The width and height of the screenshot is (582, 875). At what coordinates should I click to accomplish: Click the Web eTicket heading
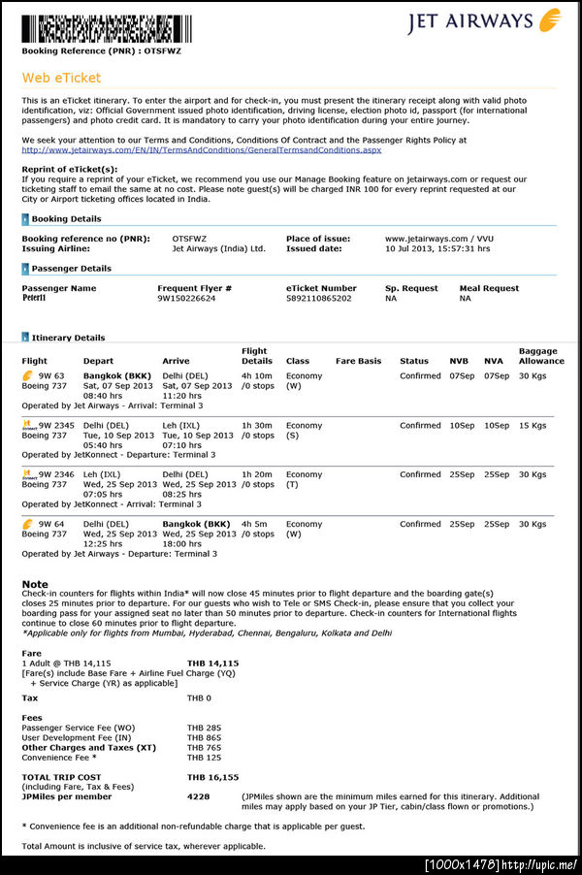tap(61, 78)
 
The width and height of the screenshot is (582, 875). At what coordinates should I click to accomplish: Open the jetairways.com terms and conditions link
tap(201, 149)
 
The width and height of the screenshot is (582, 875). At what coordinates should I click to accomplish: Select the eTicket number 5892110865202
tap(319, 298)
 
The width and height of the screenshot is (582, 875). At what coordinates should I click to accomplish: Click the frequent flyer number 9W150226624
tap(186, 298)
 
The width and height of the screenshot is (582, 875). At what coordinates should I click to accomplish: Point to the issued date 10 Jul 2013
tap(436, 248)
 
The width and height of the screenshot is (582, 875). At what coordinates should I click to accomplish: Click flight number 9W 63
tap(51, 375)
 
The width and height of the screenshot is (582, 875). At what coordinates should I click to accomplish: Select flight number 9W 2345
tap(55, 425)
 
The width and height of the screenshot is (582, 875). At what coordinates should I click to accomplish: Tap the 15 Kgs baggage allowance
tap(533, 425)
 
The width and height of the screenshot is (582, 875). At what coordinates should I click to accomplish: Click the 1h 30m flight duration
tap(257, 425)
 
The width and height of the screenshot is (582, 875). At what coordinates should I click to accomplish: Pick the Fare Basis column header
tap(358, 361)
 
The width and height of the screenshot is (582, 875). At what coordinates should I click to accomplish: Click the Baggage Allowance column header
tap(540, 356)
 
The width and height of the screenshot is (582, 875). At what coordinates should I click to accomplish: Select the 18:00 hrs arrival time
tap(184, 543)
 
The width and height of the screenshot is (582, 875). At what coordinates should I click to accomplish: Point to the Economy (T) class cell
tap(304, 479)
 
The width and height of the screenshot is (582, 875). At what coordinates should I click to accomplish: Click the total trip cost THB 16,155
tap(212, 777)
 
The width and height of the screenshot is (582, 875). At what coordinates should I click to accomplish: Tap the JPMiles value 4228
tap(198, 796)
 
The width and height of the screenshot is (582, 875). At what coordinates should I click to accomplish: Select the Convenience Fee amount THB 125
tap(204, 758)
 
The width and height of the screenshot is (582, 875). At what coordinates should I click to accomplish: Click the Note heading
tap(35, 584)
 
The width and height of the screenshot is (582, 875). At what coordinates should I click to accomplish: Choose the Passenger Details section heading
tap(71, 269)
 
